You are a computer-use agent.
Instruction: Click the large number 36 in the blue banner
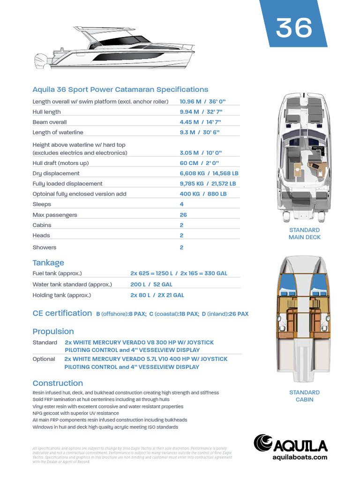pos(294,28)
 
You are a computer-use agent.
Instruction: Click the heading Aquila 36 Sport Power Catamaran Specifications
pos(120,89)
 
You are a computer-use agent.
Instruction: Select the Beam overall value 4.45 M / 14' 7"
pos(200,122)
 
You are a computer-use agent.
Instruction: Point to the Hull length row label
pos(46,112)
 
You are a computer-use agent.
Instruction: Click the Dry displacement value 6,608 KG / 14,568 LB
pos(209,173)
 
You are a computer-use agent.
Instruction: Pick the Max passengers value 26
pos(183,215)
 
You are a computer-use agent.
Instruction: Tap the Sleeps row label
pos(42,204)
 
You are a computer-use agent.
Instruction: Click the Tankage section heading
pos(48,262)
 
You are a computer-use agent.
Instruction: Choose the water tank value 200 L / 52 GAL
pos(151,285)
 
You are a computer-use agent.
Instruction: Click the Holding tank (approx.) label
pos(61,295)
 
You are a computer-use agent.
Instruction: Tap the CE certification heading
pos(62,313)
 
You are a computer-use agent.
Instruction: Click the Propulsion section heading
pos(53,331)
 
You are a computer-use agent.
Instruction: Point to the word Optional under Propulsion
pos(44,359)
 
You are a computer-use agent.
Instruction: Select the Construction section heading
pos(58,383)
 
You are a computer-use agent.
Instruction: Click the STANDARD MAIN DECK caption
pos(304,233)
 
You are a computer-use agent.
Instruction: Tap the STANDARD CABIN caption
pos(304,396)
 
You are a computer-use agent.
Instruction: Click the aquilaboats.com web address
pos(300,457)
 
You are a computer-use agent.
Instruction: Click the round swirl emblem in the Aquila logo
pos(263,443)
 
